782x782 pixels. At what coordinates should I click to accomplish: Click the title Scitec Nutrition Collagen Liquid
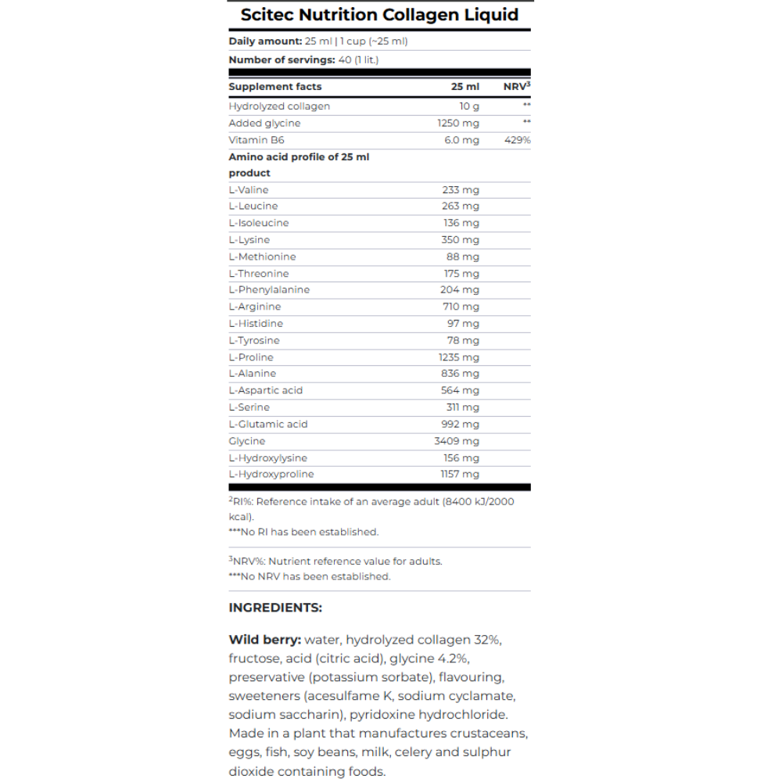379,15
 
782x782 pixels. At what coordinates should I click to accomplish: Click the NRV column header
517,87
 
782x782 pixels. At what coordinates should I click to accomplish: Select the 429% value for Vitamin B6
517,140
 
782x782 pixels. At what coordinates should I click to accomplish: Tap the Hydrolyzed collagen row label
279,106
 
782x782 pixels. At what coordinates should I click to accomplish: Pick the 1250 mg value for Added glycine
458,123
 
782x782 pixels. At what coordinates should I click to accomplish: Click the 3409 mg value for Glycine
457,441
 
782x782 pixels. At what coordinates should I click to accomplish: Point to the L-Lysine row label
249,240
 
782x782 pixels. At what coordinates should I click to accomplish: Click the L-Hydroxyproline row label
271,474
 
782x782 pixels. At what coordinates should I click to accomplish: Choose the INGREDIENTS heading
275,608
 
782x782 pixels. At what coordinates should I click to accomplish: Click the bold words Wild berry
264,640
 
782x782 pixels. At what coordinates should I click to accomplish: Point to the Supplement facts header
275,87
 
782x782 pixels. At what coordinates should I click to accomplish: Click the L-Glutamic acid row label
268,424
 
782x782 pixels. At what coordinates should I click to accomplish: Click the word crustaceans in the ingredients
490,734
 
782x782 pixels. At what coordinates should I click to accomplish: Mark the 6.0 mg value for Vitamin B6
461,140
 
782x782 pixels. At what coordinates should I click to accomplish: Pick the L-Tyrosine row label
254,340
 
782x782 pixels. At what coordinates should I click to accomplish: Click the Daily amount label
264,41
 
